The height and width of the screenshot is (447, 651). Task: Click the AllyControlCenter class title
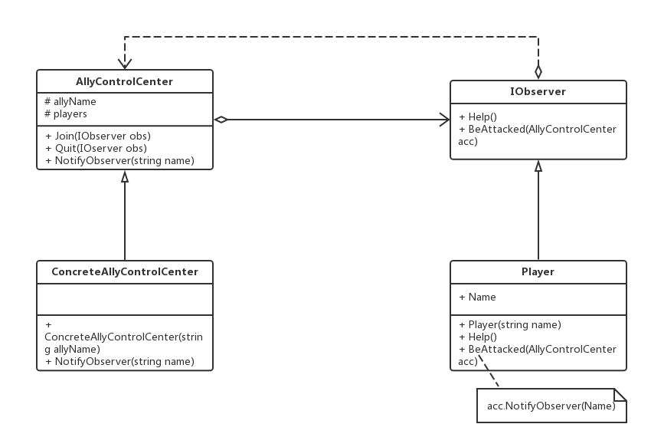(x=124, y=81)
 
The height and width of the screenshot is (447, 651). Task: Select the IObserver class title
(x=538, y=91)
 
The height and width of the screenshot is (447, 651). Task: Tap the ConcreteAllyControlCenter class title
(x=125, y=272)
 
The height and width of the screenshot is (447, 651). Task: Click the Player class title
(x=538, y=272)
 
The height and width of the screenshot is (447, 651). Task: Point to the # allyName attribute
(x=70, y=101)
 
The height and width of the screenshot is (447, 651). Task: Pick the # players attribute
(x=66, y=114)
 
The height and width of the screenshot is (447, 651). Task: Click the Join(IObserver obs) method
(x=98, y=136)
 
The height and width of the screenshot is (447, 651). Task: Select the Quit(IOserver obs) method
(x=96, y=149)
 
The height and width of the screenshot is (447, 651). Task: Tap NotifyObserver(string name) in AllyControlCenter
(x=119, y=160)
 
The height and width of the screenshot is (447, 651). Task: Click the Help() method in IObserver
(x=478, y=117)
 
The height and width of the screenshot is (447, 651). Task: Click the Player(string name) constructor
(x=510, y=325)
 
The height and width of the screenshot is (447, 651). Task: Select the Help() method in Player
(x=478, y=337)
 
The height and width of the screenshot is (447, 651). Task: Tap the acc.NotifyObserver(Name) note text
(x=551, y=406)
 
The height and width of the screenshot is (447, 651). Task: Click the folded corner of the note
(x=620, y=395)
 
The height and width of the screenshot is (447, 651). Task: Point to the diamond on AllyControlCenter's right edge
(x=221, y=120)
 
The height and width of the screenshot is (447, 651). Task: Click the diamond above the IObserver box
(x=538, y=72)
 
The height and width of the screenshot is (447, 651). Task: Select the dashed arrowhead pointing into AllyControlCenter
(x=125, y=64)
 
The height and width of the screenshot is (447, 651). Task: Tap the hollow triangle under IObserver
(x=538, y=166)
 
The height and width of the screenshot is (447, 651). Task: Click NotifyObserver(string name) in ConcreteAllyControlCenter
(x=119, y=362)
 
